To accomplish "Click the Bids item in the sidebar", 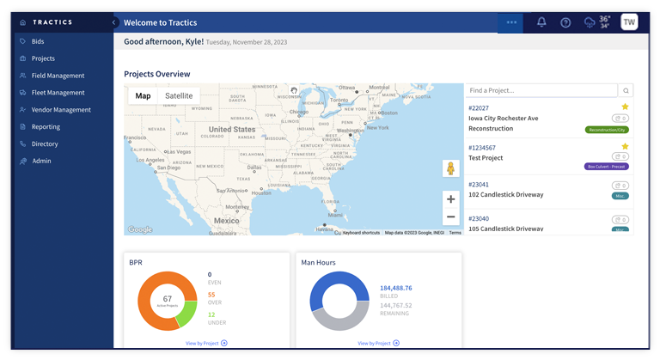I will (38, 41).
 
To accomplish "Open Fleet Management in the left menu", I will (58, 93).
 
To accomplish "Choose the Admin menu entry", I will (41, 161).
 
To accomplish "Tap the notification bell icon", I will (541, 22).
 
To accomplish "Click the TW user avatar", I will (629, 22).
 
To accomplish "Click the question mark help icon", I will (565, 22).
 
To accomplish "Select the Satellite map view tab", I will (179, 96).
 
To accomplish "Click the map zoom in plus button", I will (450, 199).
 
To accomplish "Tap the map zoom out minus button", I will (450, 217).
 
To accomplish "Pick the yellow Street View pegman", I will (450, 168).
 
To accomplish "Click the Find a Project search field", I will (541, 90).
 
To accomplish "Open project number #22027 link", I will (479, 107).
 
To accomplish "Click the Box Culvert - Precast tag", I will (607, 167).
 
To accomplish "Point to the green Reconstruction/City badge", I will (607, 130).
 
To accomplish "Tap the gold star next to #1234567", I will (625, 146).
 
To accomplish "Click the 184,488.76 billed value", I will (395, 288).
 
